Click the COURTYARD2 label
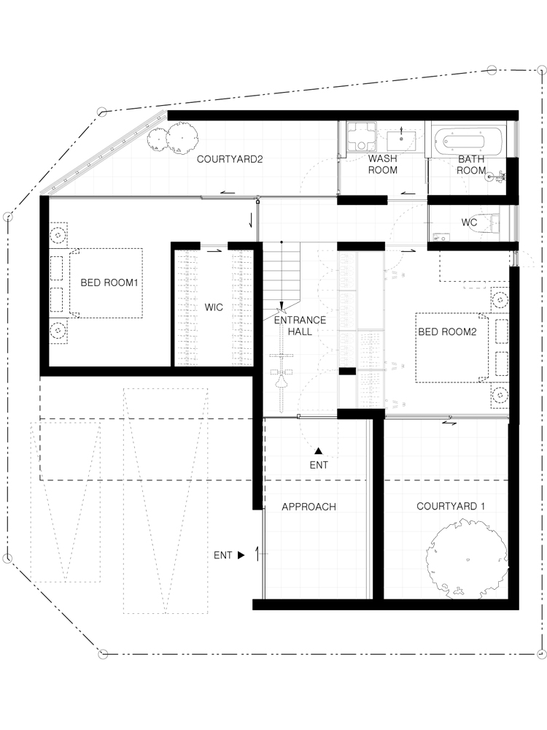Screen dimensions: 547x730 coord(230,159)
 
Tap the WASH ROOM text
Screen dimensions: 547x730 coord(383,164)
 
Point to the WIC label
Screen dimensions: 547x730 coord(214,307)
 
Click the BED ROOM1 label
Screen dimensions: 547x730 coord(109,283)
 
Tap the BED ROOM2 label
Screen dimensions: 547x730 coord(448,332)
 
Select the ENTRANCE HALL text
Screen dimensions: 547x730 coord(300,326)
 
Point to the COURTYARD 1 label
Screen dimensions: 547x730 coord(451,506)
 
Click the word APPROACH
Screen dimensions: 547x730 coord(309,507)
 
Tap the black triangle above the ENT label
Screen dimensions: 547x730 coord(319,450)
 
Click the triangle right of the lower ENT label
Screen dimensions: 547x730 coord(241,555)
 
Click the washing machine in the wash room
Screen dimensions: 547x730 coord(361,136)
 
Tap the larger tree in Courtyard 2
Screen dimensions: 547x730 coord(182,137)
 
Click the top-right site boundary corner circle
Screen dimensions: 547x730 coord(541,70)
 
